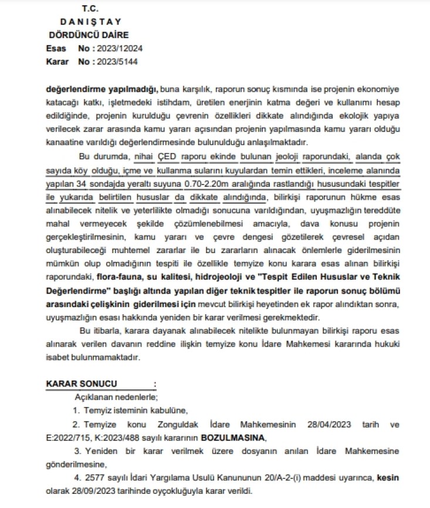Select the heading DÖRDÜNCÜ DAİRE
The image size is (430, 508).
tap(89, 35)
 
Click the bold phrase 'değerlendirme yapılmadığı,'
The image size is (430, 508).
tap(102, 89)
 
